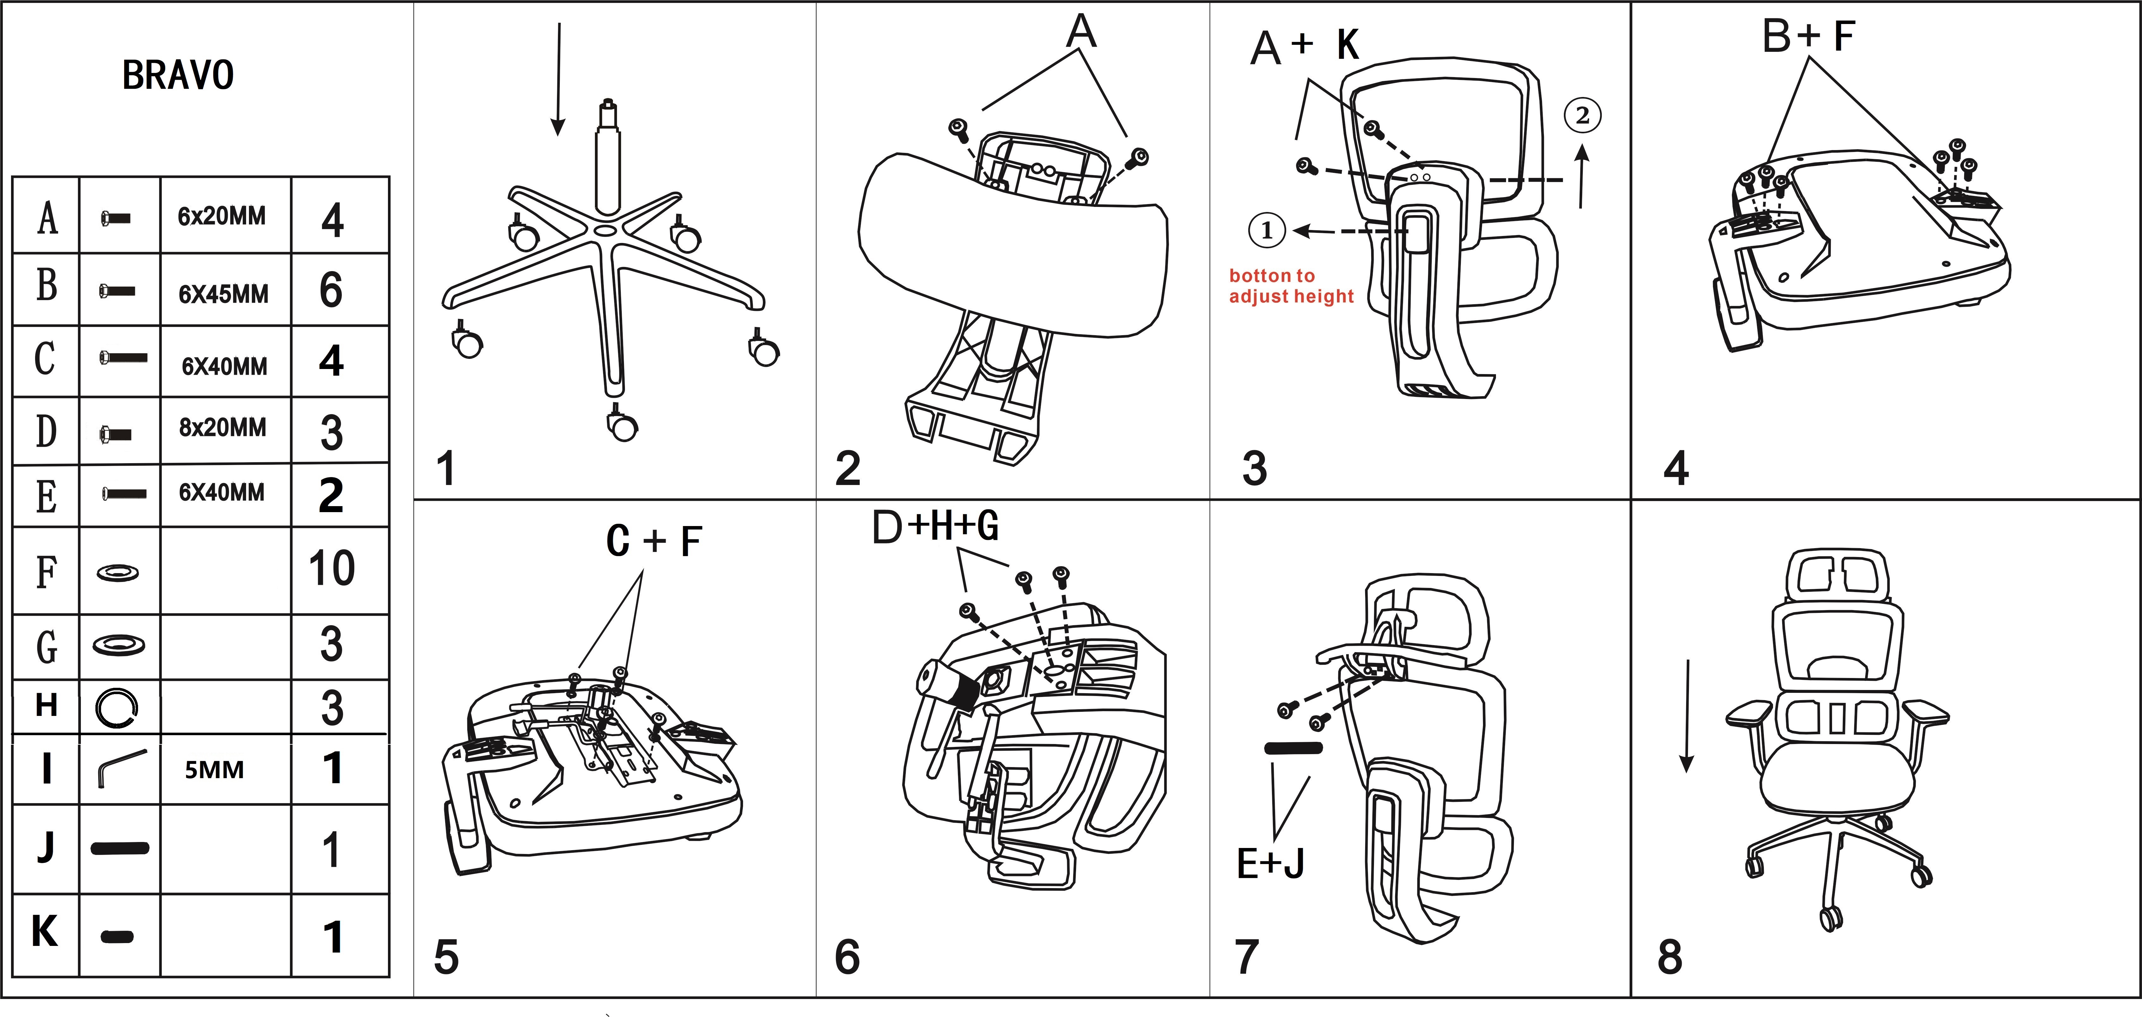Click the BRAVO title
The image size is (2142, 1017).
(178, 76)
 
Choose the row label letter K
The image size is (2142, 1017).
(45, 931)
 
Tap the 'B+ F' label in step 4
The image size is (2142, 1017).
(1808, 37)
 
